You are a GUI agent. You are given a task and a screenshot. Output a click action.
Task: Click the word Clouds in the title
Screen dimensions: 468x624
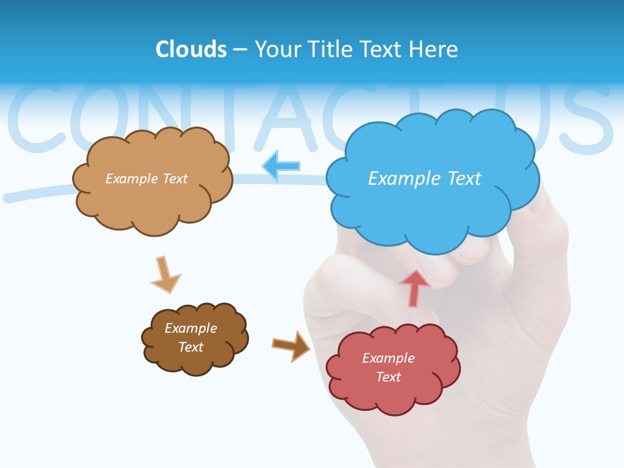191,49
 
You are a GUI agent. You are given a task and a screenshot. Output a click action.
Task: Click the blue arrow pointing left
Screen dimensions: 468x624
281,166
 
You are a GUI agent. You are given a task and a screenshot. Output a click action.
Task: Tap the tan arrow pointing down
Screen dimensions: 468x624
165,275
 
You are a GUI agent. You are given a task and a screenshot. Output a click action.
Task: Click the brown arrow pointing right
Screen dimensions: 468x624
291,346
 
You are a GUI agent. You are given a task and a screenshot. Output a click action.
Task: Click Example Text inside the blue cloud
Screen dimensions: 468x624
424,178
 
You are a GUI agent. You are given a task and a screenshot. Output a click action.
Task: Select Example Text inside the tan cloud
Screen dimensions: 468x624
146,179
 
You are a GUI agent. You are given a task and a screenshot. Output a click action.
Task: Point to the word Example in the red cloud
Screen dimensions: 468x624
388,358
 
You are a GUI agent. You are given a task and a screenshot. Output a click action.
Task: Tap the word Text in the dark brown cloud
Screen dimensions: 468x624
191,347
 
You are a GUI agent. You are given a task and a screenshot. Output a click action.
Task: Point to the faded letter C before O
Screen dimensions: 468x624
36,117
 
